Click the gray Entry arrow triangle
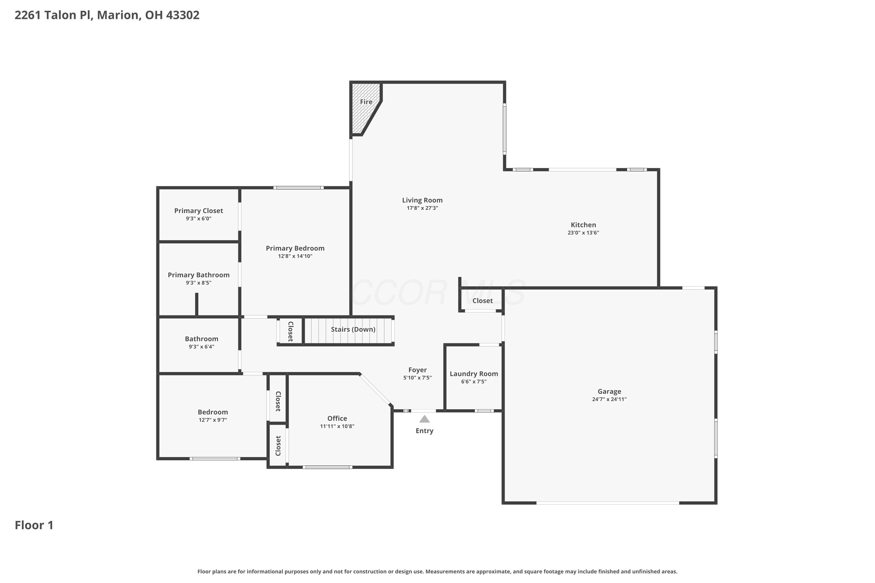click(x=424, y=419)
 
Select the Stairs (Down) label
click(x=353, y=329)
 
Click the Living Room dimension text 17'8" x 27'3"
click(x=422, y=208)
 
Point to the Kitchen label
click(x=583, y=225)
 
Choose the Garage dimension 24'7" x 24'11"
click(x=609, y=399)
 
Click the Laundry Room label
click(x=474, y=374)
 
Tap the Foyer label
click(x=417, y=370)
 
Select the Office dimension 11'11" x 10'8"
click(x=337, y=426)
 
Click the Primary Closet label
click(x=199, y=211)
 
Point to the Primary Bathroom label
click(x=199, y=275)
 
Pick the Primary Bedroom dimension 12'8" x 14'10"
click(x=295, y=256)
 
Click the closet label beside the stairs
click(x=290, y=331)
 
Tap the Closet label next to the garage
click(x=482, y=301)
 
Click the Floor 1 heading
click(x=34, y=525)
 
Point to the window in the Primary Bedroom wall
click(x=298, y=188)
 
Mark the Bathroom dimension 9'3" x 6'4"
click(x=202, y=347)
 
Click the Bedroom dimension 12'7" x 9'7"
click(x=213, y=420)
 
